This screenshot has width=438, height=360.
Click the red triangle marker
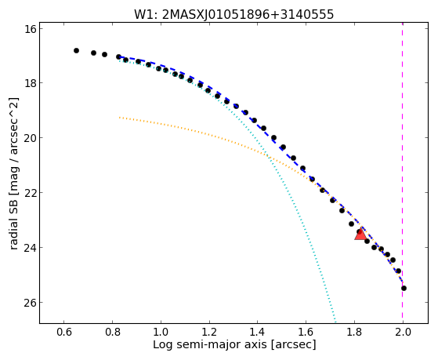click(x=360, y=234)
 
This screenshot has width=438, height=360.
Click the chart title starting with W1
click(x=233, y=14)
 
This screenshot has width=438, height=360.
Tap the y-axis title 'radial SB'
click(x=13, y=173)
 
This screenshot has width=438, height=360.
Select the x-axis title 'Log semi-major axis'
click(x=234, y=344)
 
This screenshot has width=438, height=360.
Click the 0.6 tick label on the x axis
click(x=64, y=332)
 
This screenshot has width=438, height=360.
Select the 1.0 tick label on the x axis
click(x=161, y=332)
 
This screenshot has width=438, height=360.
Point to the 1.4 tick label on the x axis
click(x=258, y=332)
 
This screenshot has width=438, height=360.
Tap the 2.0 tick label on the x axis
click(x=403, y=332)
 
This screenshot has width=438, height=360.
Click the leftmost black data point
click(x=76, y=51)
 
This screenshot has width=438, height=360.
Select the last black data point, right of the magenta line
click(x=404, y=288)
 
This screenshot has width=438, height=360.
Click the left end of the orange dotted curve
click(x=120, y=118)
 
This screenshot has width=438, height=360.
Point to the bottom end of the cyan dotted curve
click(x=335, y=322)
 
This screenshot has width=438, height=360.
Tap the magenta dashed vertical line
click(x=402, y=173)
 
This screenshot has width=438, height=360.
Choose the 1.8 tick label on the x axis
click(x=354, y=332)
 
